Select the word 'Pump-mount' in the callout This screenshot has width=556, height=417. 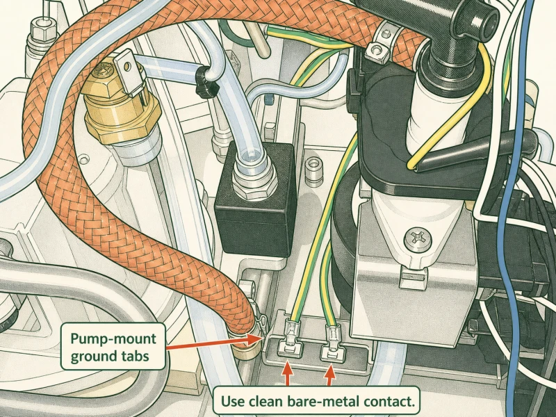coord(113,338)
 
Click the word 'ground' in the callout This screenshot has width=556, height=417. coord(93,357)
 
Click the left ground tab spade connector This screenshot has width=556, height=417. coord(292,338)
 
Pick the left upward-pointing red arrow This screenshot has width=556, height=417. coord(288,373)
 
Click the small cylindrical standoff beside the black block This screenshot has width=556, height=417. coord(313,171)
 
